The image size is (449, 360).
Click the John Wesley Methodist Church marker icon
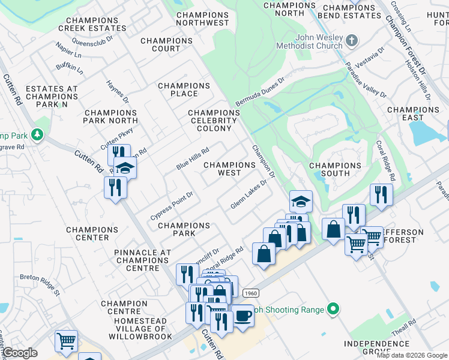pyautogui.click(x=351, y=40)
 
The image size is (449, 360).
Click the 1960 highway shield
pyautogui.click(x=251, y=292)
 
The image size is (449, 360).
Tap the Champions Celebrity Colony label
pyautogui.click(x=214, y=121)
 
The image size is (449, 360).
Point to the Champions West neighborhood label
pyautogui.click(x=229, y=169)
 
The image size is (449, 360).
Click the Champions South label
pyautogui.click(x=335, y=169)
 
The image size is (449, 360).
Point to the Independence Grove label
pyautogui.click(x=376, y=347)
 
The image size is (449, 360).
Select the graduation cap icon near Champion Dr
pyautogui.click(x=301, y=201)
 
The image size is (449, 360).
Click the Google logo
pyautogui.click(x=20, y=353)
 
